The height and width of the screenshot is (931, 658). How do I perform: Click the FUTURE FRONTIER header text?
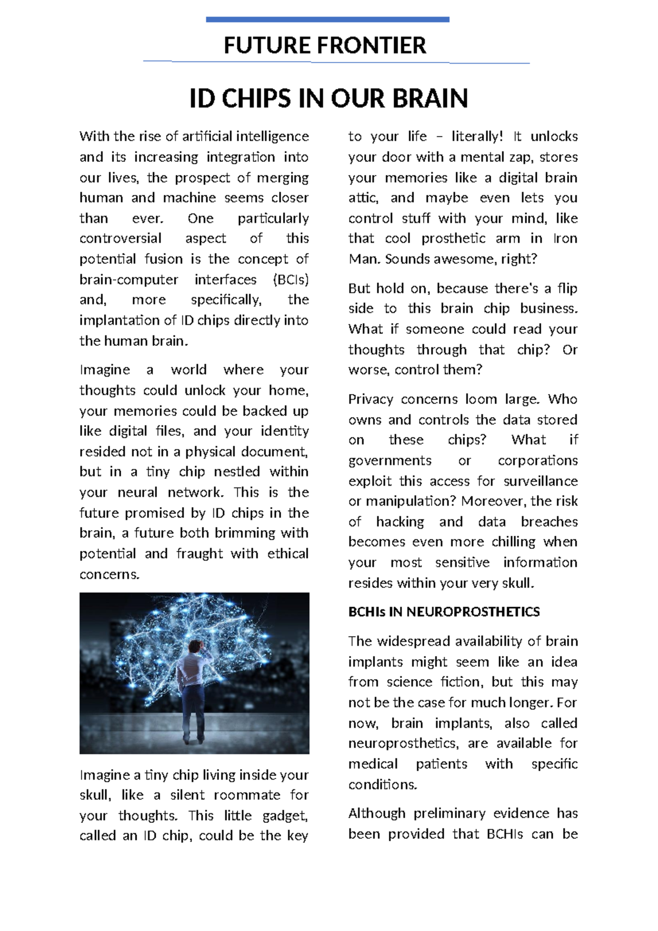point(325,46)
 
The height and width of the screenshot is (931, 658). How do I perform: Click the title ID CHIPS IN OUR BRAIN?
point(328,99)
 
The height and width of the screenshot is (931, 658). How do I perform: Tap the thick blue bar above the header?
point(327,20)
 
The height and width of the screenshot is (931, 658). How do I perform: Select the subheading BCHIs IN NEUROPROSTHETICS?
point(444,612)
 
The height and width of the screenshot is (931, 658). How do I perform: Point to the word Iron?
point(565,239)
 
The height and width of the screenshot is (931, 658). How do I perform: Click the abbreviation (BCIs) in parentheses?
point(291,279)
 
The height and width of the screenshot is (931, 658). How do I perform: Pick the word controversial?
point(120,239)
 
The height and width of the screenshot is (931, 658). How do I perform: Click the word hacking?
point(400,521)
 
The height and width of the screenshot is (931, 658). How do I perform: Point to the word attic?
point(363,198)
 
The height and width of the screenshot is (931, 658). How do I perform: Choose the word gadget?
point(285,815)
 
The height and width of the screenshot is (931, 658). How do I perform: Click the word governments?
point(390,461)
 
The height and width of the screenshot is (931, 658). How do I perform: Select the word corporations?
point(537,461)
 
